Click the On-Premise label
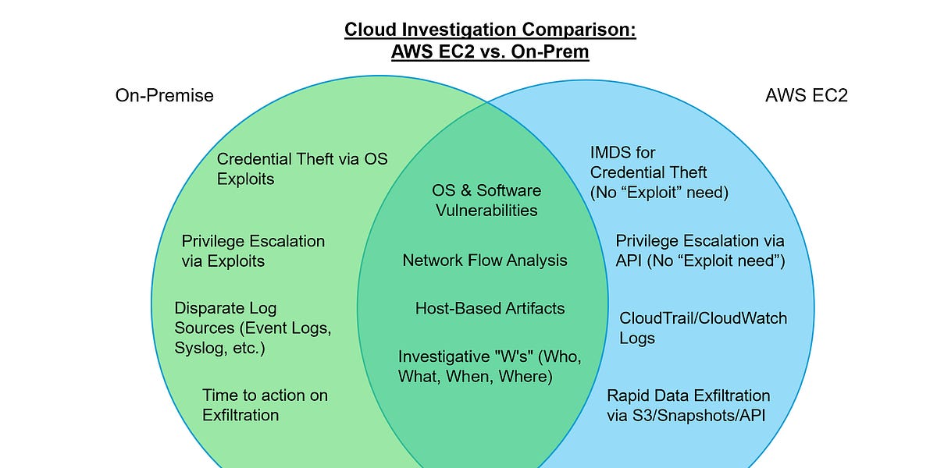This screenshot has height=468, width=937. [x=164, y=95]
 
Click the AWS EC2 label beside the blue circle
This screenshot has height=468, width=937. [x=807, y=95]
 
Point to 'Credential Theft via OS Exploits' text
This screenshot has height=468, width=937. [x=301, y=168]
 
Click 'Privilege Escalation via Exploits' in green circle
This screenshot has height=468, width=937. [x=252, y=250]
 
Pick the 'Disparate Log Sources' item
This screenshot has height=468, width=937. [x=252, y=328]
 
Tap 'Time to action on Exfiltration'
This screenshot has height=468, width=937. [x=265, y=405]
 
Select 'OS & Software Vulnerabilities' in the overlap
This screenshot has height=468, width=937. [x=486, y=200]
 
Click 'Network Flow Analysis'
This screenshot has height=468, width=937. [x=485, y=261]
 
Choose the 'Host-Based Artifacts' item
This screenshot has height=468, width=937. [x=490, y=308]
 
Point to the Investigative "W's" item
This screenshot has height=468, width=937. [x=490, y=366]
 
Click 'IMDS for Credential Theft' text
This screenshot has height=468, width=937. [x=659, y=172]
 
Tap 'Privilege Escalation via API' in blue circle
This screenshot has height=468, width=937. [x=700, y=250]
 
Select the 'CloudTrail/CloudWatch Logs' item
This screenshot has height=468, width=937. [x=703, y=328]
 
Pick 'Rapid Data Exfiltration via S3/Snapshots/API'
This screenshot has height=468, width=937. [x=688, y=405]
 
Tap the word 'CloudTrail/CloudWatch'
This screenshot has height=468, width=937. [x=703, y=318]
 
